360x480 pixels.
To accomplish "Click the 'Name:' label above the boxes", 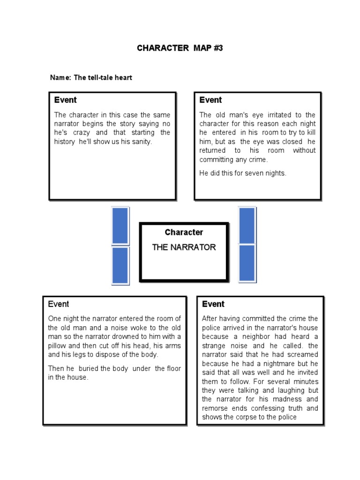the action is tap(60, 77).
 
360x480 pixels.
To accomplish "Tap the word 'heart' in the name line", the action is tap(122, 77).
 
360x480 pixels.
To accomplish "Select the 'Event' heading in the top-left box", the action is tap(65, 100).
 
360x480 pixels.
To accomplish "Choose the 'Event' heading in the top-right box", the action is tap(210, 100).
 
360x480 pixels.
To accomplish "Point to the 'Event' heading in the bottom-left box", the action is tap(59, 304).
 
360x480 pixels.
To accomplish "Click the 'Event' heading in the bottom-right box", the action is tap(213, 304).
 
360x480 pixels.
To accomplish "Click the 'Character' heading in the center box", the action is tap(184, 232).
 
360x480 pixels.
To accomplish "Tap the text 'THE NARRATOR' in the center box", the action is tap(184, 247).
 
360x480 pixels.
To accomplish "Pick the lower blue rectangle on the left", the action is tap(120, 265).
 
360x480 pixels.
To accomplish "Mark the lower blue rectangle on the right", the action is tap(247, 263).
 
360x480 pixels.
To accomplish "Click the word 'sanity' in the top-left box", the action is tap(141, 142).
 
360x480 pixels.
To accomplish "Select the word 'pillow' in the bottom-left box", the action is tap(58, 345).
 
